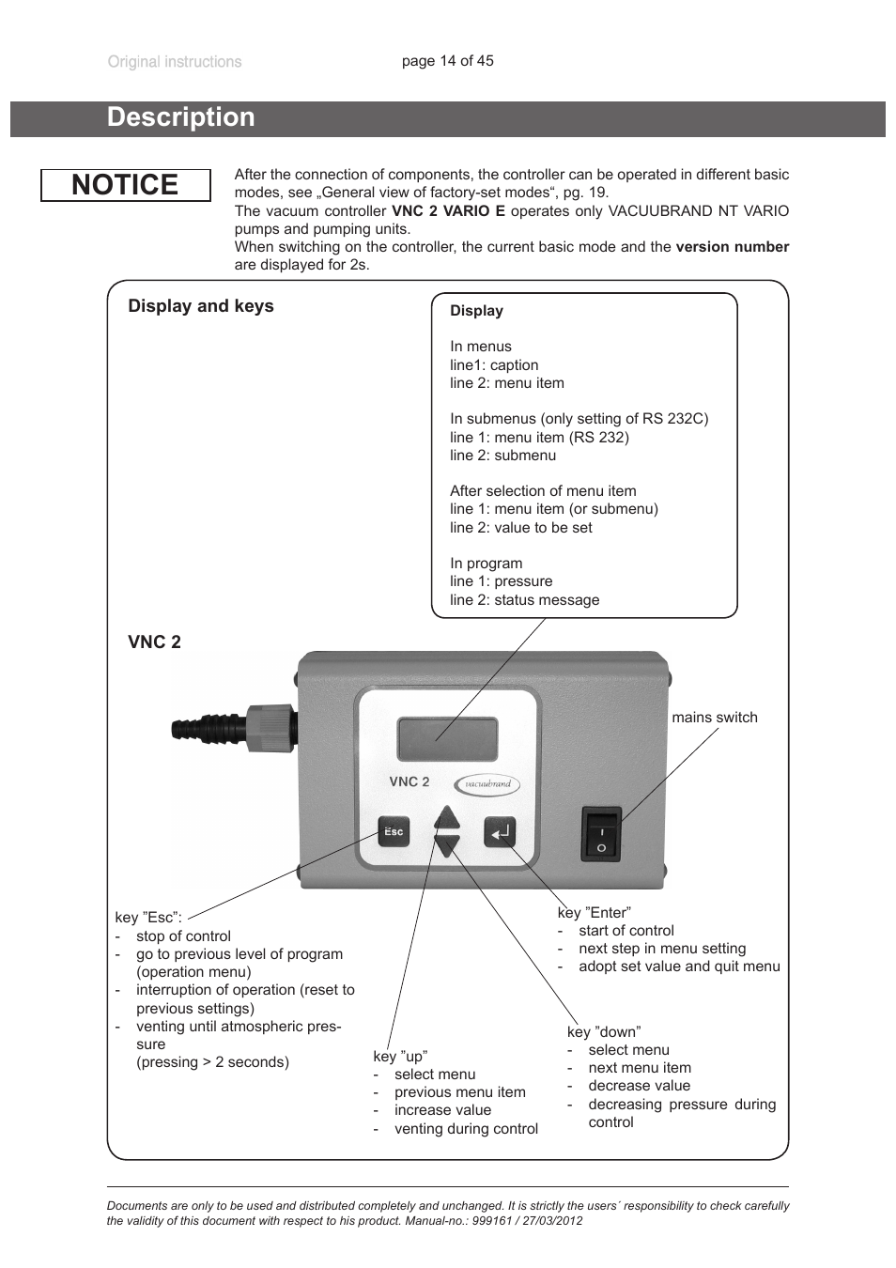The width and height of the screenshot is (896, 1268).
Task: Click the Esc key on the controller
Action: coord(394,831)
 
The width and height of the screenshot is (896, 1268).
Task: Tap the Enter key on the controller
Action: coord(500,831)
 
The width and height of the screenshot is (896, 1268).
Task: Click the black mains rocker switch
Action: coord(601,833)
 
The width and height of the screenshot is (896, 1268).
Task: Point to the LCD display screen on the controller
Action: coord(448,739)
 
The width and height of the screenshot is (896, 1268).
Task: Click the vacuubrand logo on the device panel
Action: coord(487,784)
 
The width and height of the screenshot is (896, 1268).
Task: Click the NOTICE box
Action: coord(125,185)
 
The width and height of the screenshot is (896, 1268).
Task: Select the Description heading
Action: coord(181,117)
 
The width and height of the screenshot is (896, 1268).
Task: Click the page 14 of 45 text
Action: coord(447,61)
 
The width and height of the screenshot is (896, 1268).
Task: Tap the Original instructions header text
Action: coord(175,62)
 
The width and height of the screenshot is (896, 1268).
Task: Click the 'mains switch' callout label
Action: coord(714,718)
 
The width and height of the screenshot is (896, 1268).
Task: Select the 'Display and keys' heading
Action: coord(201,306)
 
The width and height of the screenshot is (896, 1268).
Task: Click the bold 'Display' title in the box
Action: coord(476,311)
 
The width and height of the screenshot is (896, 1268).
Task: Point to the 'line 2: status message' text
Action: coord(524,600)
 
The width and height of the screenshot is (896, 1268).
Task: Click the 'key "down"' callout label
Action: coord(604,1032)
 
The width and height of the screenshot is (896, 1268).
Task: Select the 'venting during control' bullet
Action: coord(466,1129)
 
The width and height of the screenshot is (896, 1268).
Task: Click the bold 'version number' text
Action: coord(732,247)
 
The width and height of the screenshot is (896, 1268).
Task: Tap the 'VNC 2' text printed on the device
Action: coord(409,781)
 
